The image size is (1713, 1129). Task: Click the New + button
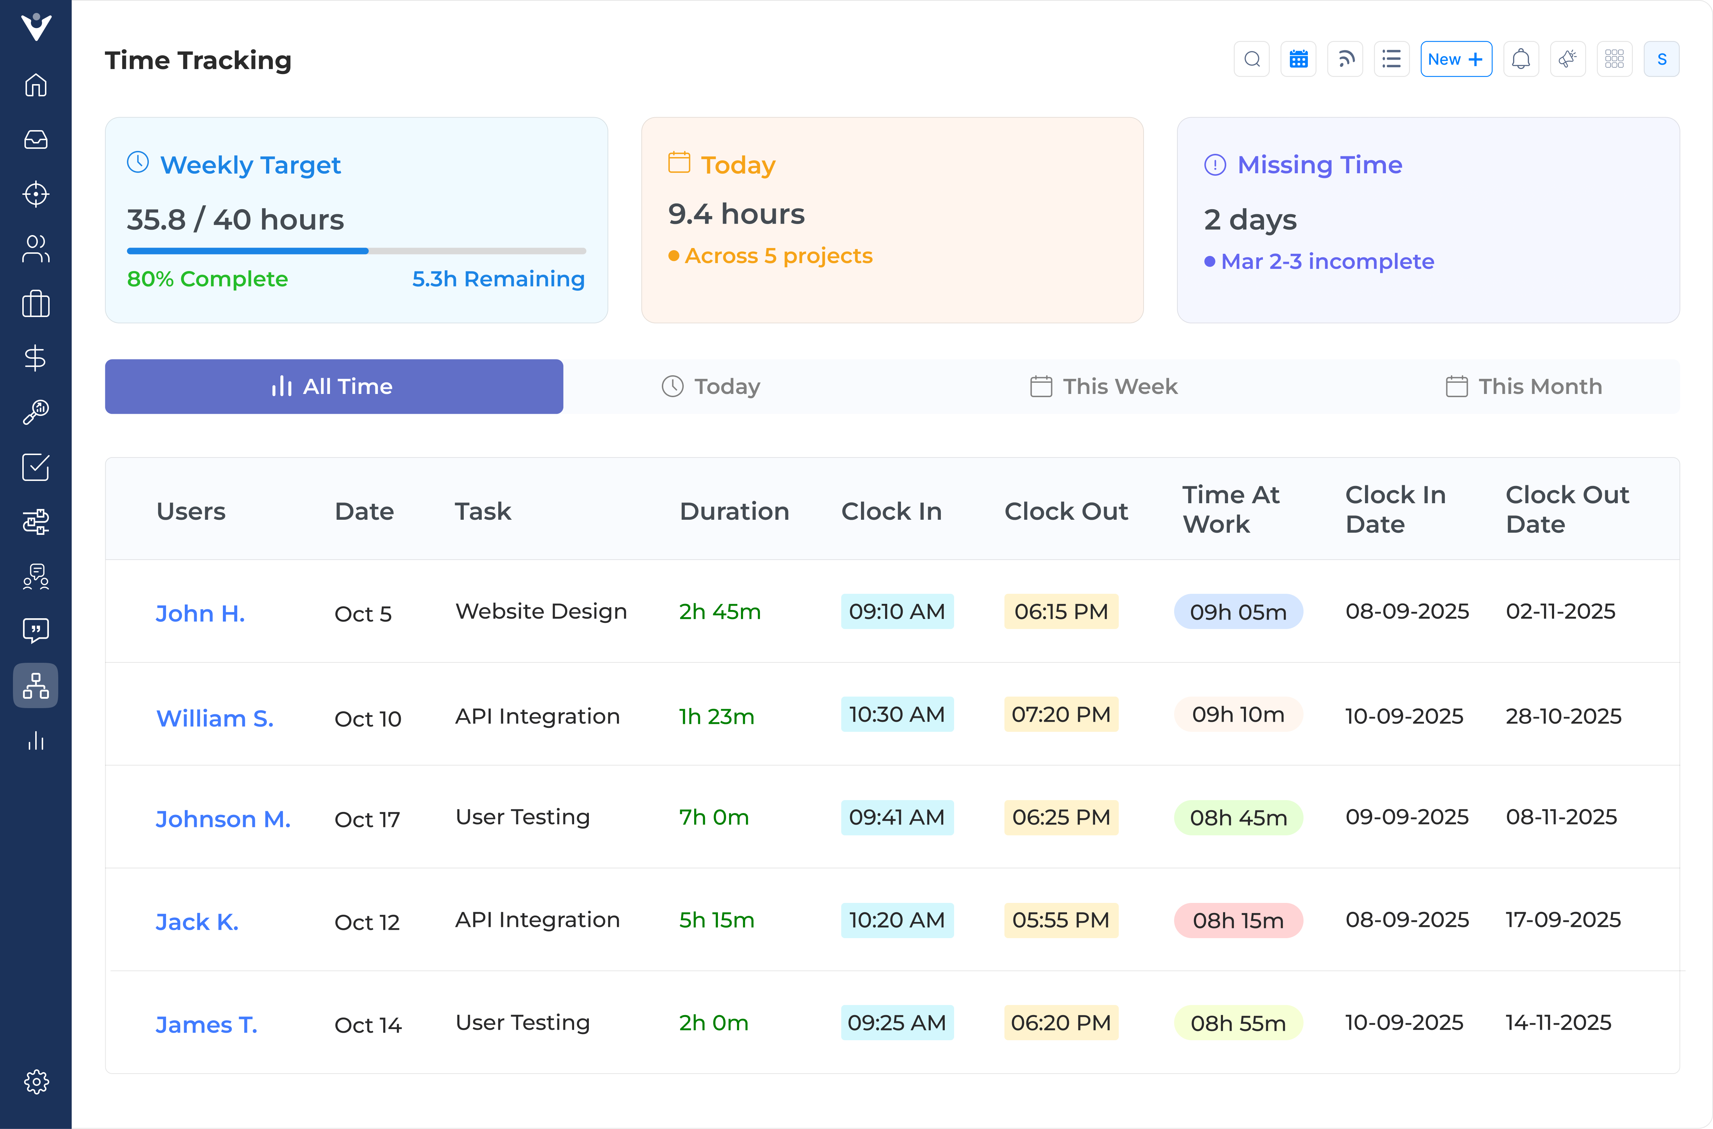click(x=1455, y=59)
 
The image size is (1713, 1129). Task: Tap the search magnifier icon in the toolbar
click(x=1251, y=59)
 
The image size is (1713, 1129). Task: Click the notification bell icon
click(x=1521, y=59)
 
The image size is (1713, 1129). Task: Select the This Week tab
click(x=1104, y=387)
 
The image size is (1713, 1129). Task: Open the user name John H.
click(x=200, y=614)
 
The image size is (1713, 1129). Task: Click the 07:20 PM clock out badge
click(x=1061, y=714)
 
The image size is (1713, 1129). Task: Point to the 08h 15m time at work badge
click(x=1238, y=920)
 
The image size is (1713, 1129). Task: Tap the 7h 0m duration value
click(x=714, y=817)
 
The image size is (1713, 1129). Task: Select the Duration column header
click(x=734, y=511)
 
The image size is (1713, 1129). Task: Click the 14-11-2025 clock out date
click(x=1558, y=1023)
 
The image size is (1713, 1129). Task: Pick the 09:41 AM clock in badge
click(x=897, y=817)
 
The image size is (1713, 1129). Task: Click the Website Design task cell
click(x=541, y=611)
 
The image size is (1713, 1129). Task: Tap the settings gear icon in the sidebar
click(x=36, y=1082)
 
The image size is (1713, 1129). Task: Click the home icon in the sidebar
click(x=36, y=85)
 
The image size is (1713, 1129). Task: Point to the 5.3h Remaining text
click(x=498, y=279)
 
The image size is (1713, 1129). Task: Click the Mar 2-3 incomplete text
click(x=1327, y=261)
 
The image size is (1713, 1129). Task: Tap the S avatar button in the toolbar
click(x=1661, y=59)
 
